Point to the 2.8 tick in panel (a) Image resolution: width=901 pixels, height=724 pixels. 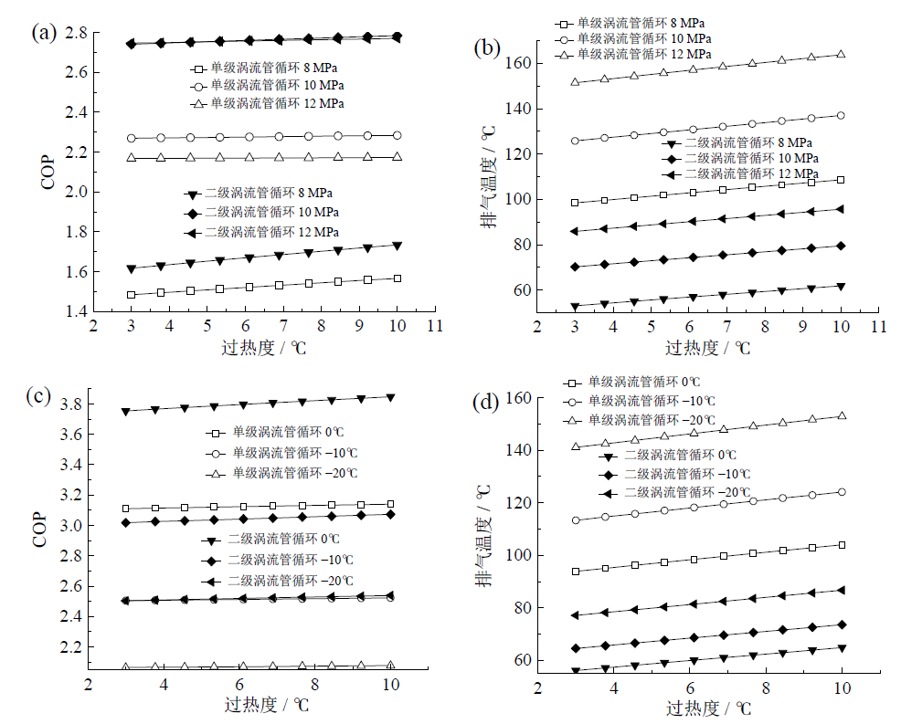76,33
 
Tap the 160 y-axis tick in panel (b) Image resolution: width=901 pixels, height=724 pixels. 520,63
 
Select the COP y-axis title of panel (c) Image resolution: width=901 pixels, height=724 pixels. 41,528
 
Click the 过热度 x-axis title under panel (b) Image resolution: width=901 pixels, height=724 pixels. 707,347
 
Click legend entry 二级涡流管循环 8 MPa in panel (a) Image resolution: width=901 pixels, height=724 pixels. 263,193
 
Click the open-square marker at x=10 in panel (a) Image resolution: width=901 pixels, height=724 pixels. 397,278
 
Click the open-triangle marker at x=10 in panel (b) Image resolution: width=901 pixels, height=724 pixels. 841,55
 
